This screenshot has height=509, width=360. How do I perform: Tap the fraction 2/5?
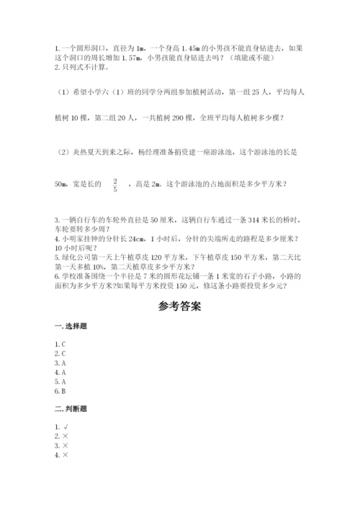(x=114, y=186)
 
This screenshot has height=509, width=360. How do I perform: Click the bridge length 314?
(x=233, y=219)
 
